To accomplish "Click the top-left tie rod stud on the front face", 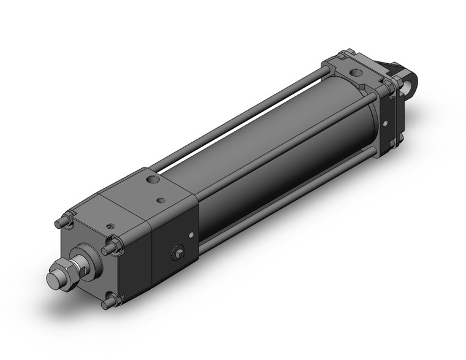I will (x=62, y=221).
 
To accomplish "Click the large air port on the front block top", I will (x=151, y=180).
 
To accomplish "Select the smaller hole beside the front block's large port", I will (x=161, y=200).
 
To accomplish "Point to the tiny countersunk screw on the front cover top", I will (x=111, y=226).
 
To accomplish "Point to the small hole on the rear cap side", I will (x=385, y=123).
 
